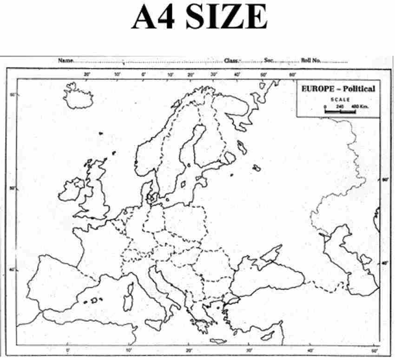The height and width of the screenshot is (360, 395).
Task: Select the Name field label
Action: [66, 60]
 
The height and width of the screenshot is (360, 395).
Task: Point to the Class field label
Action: [231, 60]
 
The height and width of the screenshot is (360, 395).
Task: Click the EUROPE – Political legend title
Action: [338, 88]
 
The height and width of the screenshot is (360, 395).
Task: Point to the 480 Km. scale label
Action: [359, 107]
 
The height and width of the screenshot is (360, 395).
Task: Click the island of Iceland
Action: [78, 97]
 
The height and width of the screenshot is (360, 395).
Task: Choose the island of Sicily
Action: [154, 323]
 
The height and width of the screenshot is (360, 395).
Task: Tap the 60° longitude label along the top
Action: [293, 74]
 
